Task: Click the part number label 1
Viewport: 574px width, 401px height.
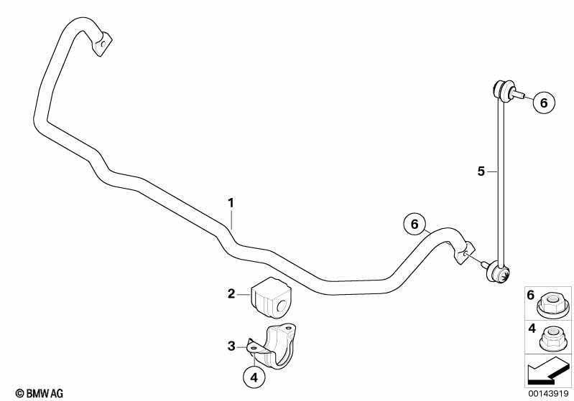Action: pos(231,203)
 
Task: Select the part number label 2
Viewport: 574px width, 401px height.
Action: pos(231,293)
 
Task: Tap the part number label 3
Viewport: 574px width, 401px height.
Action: pos(231,346)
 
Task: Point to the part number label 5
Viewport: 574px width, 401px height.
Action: pos(481,171)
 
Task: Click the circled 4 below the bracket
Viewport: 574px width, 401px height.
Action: pos(254,377)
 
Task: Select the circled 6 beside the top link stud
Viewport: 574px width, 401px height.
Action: pos(544,103)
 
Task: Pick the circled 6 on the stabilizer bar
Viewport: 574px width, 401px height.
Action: pos(415,224)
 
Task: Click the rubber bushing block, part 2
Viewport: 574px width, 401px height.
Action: pos(271,297)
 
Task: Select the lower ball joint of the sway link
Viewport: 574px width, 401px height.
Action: pos(499,273)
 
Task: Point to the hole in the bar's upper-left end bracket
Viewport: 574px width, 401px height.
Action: pos(103,44)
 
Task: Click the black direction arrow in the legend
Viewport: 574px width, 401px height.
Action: pos(547,370)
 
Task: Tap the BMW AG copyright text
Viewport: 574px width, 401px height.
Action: pos(40,393)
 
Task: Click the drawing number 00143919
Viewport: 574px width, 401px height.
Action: pos(548,393)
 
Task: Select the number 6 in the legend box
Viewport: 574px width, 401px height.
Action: pos(531,295)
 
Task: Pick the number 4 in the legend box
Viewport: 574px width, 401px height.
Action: pos(532,329)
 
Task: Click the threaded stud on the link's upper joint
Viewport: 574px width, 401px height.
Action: pos(518,95)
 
